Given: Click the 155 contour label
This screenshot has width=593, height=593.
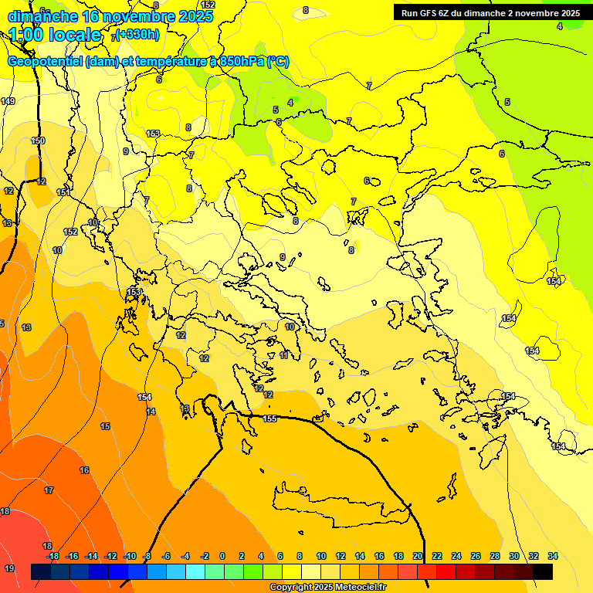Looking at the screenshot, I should [269, 418].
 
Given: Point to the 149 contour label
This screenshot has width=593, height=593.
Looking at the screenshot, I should [8, 101].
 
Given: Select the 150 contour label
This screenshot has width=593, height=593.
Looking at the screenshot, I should [38, 141].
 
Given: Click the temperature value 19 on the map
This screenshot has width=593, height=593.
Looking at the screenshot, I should [9, 568].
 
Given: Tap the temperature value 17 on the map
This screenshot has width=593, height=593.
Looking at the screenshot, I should [49, 490].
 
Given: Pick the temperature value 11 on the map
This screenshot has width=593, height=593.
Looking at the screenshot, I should [284, 355].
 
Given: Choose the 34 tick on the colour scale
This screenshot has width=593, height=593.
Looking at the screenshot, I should [553, 556].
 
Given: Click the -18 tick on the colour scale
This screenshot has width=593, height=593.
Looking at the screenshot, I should [53, 556].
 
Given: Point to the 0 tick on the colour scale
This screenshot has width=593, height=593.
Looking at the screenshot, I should [222, 556].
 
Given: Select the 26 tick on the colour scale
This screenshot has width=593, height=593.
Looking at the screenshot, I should [476, 556].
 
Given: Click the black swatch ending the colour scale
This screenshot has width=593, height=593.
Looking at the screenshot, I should [543, 571].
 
